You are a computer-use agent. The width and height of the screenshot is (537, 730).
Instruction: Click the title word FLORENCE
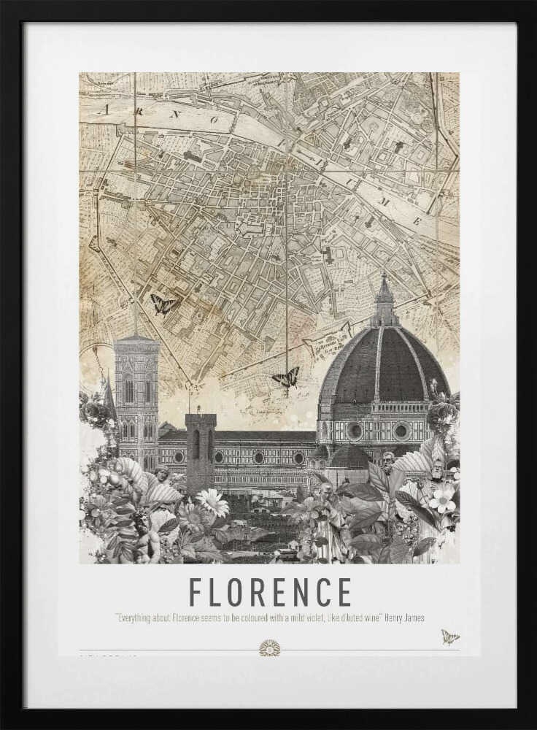tap(270, 592)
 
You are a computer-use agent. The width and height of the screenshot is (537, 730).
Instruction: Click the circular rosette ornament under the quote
tap(269, 648)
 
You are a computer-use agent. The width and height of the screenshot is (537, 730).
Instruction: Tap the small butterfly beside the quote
tap(449, 637)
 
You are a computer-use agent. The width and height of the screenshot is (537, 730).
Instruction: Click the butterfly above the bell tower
tap(163, 304)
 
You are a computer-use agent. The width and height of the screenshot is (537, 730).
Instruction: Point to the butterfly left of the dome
tap(286, 377)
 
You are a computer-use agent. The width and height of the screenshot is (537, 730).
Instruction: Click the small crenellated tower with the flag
tap(200, 438)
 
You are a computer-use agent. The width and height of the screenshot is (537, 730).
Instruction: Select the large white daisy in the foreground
tap(212, 502)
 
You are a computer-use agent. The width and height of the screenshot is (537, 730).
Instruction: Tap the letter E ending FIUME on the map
tap(417, 220)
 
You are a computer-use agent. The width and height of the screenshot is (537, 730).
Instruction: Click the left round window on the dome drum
tap(355, 431)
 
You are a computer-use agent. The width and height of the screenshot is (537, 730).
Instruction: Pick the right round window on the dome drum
tap(401, 431)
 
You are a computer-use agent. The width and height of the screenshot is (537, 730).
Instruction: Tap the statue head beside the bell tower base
tap(162, 474)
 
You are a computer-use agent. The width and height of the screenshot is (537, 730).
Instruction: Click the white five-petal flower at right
tap(442, 498)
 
